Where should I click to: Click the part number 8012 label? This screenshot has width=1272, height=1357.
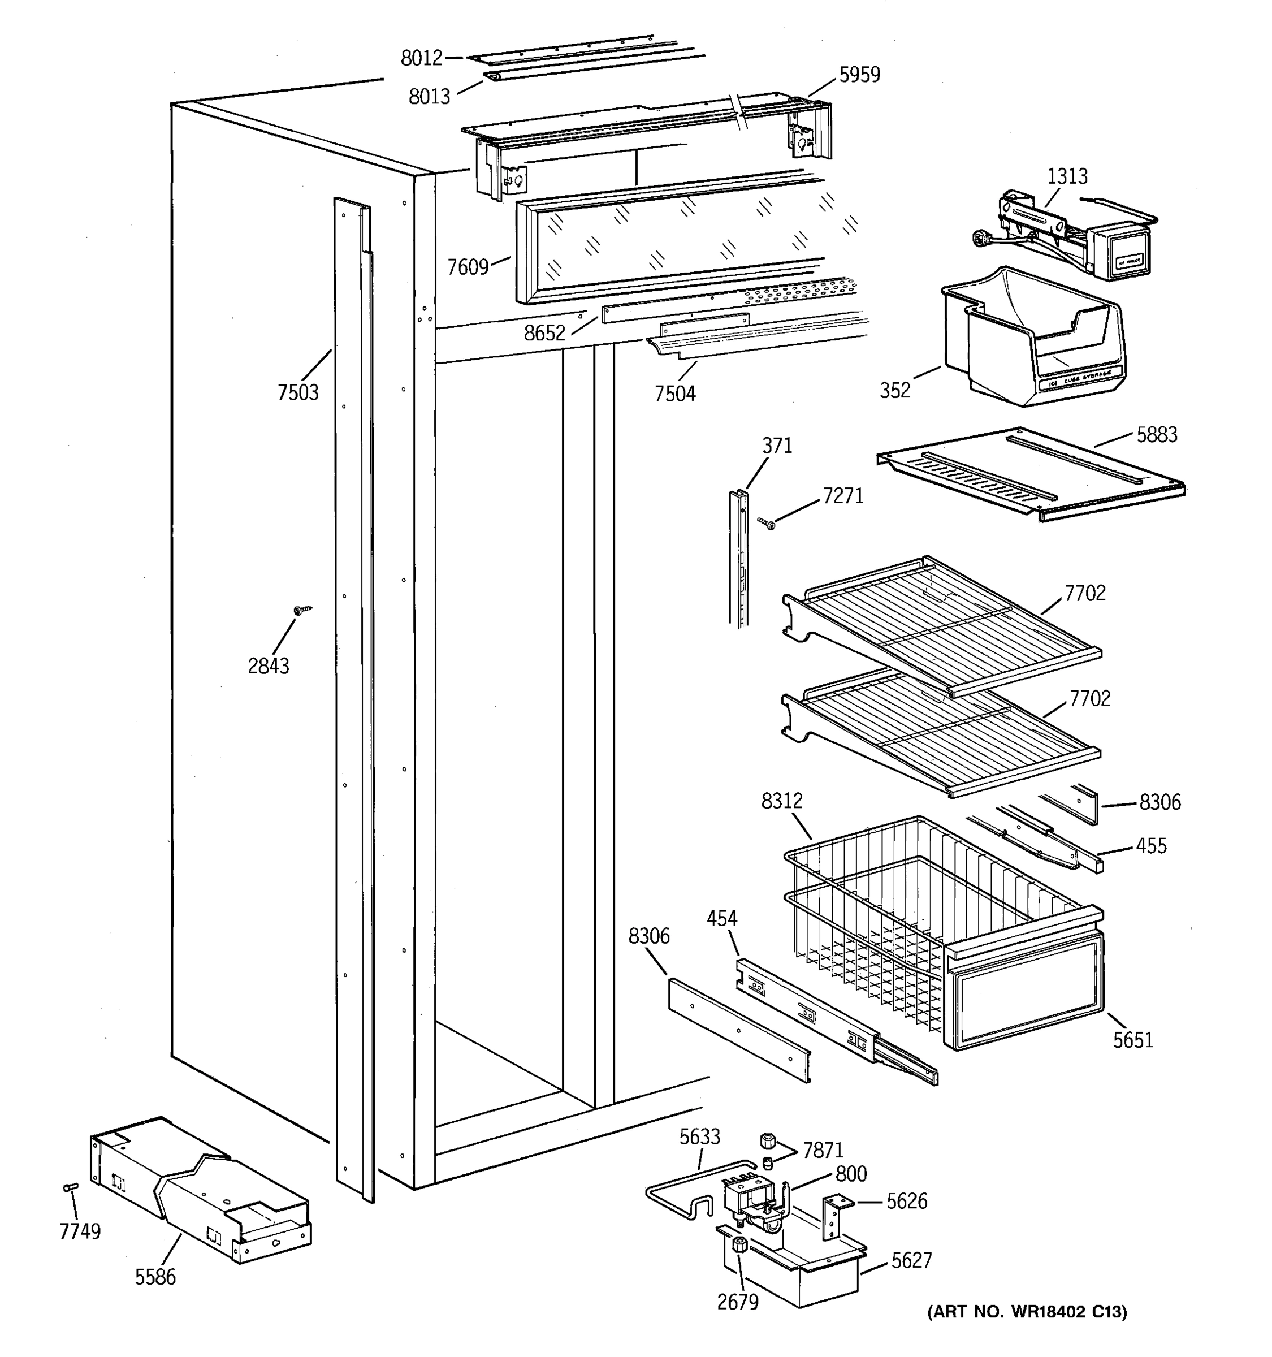point(421,59)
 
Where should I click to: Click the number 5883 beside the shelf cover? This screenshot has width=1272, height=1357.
point(1156,435)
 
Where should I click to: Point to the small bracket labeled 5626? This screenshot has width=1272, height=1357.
point(834,1219)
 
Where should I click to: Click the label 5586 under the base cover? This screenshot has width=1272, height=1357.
point(155,1277)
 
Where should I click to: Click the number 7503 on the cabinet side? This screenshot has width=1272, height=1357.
point(297,392)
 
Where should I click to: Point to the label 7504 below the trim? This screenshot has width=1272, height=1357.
point(674,394)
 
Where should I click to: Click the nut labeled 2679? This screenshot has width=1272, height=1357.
point(739,1245)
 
